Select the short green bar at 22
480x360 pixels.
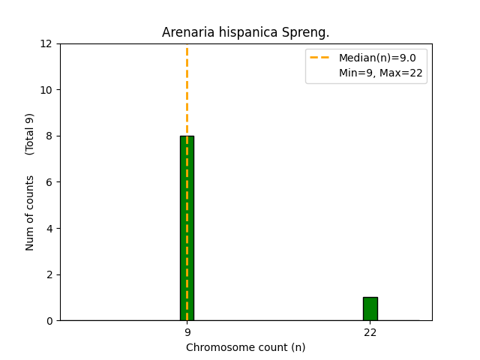tap(370, 309)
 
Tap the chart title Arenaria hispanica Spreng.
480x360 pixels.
tap(245, 33)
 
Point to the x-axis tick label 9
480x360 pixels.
tap(187, 332)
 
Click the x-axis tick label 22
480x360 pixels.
tap(370, 332)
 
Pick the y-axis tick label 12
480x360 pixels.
tap(46, 43)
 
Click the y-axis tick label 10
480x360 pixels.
tap(46, 90)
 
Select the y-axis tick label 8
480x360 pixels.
tap(49, 136)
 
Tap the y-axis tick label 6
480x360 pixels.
tap(49, 182)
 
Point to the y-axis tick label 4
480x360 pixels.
tap(49, 228)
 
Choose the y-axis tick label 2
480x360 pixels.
tap(49, 274)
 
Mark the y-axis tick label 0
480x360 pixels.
tap(49, 320)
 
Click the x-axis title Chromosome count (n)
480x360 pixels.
tap(245, 347)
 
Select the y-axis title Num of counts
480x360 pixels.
tap(30, 213)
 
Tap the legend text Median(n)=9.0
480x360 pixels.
tap(377, 58)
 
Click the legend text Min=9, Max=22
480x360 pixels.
tap(380, 73)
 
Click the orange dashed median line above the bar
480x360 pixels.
tap(187, 90)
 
